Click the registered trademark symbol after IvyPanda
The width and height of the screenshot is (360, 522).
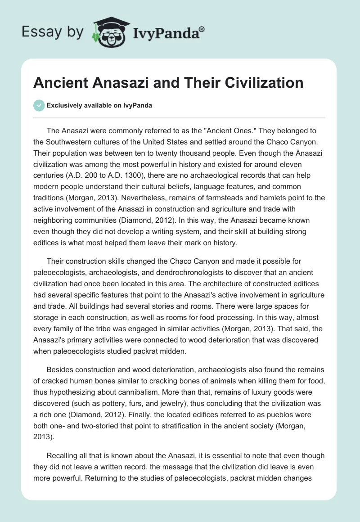202,29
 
